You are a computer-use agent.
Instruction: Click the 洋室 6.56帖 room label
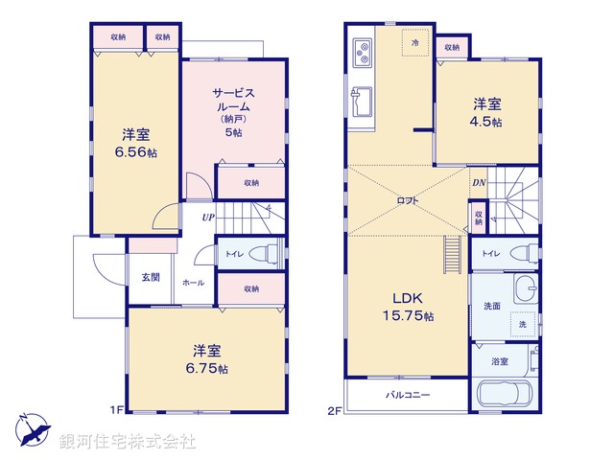click(x=134, y=143)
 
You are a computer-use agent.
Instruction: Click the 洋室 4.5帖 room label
click(x=484, y=112)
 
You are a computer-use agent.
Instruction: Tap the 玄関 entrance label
click(x=152, y=278)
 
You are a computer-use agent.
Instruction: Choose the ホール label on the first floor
click(x=192, y=284)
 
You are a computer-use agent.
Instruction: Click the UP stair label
click(x=207, y=218)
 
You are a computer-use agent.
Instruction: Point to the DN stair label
click(x=479, y=183)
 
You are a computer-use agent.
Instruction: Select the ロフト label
click(x=408, y=200)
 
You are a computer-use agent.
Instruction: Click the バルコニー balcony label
click(x=408, y=395)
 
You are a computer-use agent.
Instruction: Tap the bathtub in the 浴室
click(x=506, y=395)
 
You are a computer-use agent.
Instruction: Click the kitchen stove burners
click(x=363, y=54)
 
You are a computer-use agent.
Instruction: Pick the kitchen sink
click(x=363, y=101)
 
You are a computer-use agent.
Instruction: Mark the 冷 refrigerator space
click(x=415, y=43)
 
